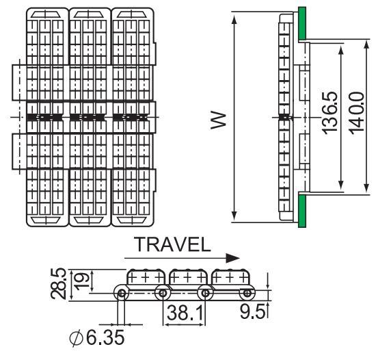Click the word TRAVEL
174,244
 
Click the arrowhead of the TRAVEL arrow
232,258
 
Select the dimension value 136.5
329,112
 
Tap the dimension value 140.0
356,113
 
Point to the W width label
219,120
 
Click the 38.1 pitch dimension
185,313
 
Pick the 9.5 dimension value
252,311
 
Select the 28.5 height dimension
58,283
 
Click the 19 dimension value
81,281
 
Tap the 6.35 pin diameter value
105,337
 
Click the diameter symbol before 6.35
76,338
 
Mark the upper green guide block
302,23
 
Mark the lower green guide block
302,211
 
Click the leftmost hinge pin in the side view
122,294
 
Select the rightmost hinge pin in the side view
247,294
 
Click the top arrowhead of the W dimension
234,19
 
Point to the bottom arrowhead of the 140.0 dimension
366,188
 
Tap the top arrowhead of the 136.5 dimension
340,50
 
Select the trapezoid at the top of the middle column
88,14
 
